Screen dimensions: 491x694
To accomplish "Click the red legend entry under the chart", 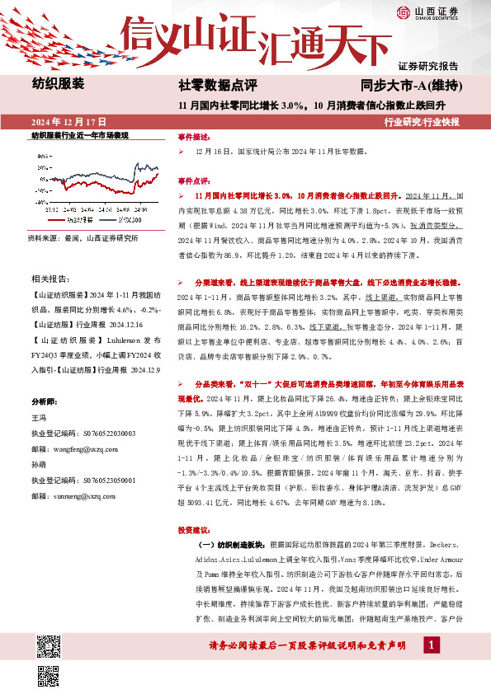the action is tap(73, 220).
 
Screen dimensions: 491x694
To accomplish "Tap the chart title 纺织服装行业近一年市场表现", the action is tap(80, 135).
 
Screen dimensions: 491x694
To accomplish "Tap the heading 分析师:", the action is tap(47, 401).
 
